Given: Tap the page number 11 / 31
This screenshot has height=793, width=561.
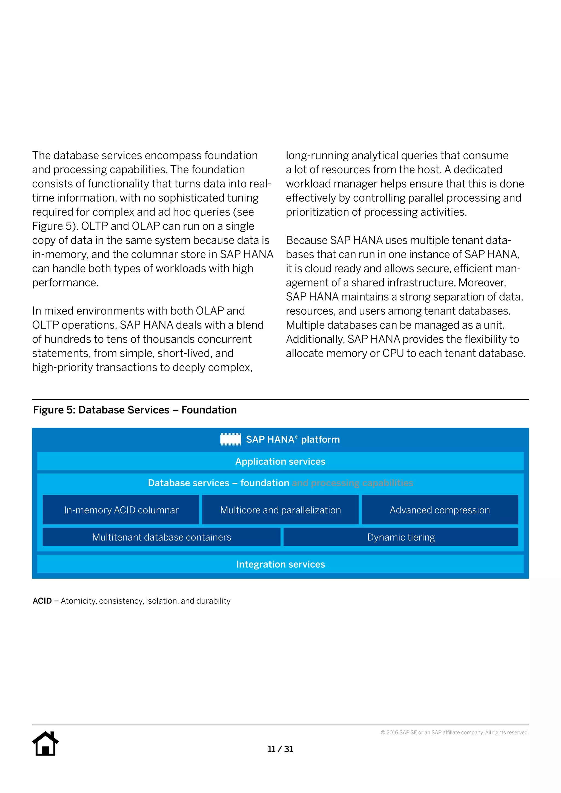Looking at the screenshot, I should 280,749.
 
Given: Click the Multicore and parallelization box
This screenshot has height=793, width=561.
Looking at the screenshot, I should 280,510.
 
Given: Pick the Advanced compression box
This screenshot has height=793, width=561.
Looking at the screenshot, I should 440,510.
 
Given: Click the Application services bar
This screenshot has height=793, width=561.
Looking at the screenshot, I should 280,461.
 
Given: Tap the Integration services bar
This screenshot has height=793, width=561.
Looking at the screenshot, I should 280,564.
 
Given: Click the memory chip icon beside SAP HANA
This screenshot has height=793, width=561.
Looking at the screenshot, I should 231,439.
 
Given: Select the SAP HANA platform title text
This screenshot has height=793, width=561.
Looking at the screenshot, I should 293,439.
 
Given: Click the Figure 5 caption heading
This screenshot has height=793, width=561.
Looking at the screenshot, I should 135,410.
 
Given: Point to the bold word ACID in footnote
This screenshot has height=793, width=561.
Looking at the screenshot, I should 42,601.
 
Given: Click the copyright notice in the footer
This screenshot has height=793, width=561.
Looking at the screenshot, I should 455,732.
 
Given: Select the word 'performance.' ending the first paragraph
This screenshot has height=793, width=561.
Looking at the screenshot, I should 65,283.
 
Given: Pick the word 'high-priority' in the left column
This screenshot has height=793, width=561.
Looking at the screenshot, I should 62,367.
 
